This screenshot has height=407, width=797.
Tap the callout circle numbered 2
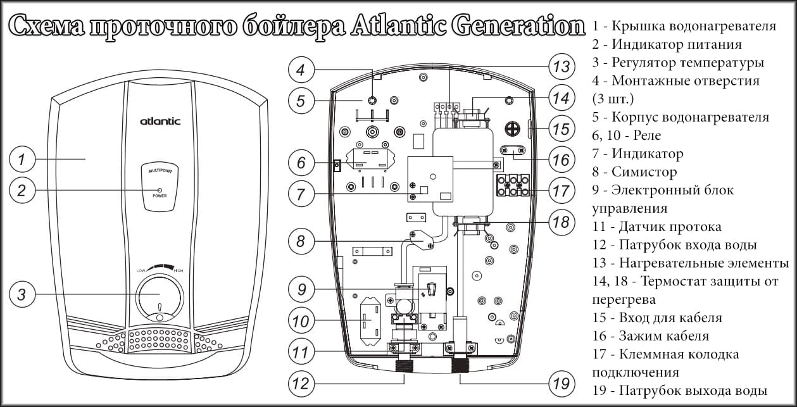click(x=22, y=191)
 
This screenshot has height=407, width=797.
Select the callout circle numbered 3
click(x=22, y=294)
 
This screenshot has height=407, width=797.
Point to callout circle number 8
click(x=301, y=241)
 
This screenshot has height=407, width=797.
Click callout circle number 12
click(x=301, y=383)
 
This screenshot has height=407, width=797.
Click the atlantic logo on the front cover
click(x=160, y=121)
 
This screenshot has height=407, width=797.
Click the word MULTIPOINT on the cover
click(x=159, y=172)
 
